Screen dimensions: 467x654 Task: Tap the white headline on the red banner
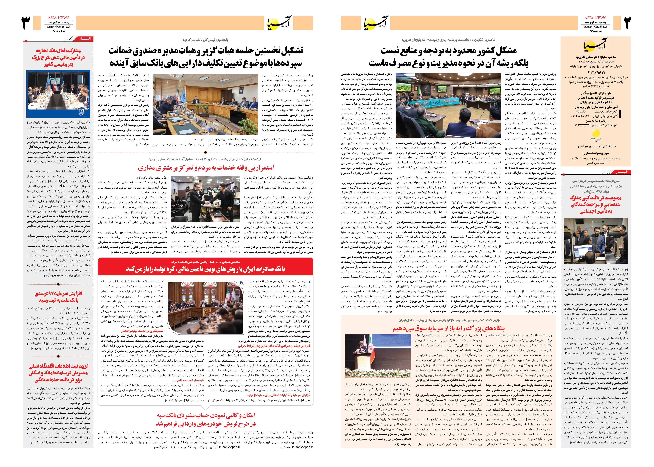pos(205,269)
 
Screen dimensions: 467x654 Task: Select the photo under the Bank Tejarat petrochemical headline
pos(58,94)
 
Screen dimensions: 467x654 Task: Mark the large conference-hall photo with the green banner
pos(448,105)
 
